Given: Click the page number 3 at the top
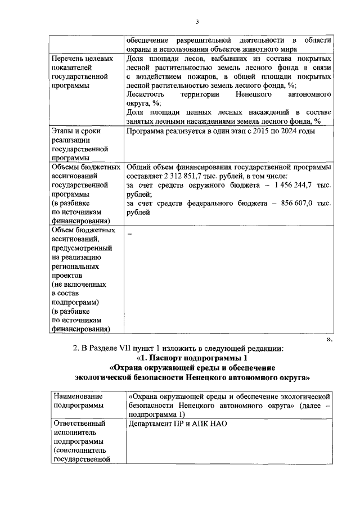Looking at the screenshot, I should [x=197, y=22].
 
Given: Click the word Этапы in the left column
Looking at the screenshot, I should [x=62, y=131].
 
